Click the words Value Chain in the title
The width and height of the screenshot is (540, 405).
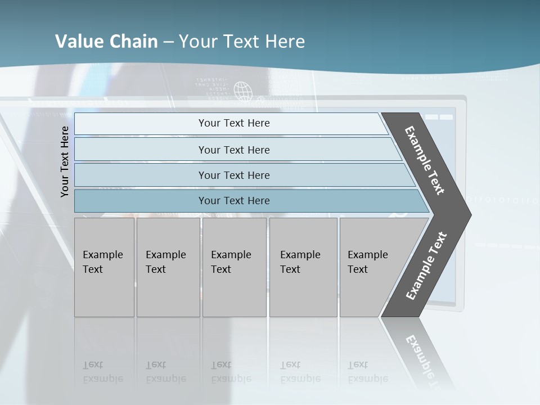106,42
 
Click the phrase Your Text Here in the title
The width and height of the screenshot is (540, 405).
242,42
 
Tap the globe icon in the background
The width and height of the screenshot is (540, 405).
242,91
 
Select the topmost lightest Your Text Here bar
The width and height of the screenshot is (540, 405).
233,123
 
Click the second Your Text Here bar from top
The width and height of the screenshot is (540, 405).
233,150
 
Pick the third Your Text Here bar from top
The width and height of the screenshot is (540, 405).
233,175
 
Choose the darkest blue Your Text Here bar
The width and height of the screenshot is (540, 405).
233,201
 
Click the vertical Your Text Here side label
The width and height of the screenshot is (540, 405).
65,161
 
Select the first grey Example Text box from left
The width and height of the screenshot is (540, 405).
104,267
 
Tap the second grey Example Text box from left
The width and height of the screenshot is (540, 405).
168,267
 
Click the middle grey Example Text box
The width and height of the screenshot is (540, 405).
234,267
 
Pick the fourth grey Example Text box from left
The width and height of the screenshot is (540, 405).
303,267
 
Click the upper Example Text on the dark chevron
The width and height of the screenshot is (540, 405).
425,160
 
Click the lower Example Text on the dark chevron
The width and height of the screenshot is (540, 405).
426,266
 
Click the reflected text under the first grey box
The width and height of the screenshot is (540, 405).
102,372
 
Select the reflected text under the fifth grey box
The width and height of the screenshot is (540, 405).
367,372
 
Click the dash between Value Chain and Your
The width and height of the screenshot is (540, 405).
168,42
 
